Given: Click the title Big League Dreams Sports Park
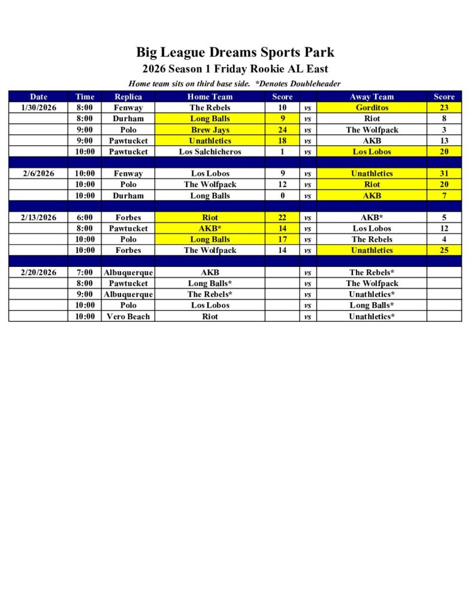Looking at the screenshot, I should [x=235, y=52].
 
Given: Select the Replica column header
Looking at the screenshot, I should [x=128, y=97].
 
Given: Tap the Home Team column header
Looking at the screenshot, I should [x=210, y=97].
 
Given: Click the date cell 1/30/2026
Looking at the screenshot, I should [x=38, y=108].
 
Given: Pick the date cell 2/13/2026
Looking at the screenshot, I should [x=38, y=218].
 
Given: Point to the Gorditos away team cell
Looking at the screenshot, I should [x=372, y=108].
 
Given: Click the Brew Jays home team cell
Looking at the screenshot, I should [x=210, y=130].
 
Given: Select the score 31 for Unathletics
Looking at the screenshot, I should [x=444, y=174].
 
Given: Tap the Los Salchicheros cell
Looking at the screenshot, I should [x=210, y=152].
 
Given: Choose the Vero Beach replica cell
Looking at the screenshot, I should [x=128, y=317].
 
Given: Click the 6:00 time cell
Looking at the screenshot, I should [x=84, y=218].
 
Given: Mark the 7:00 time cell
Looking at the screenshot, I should [x=84, y=273].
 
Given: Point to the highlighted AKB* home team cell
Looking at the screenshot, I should [x=210, y=228].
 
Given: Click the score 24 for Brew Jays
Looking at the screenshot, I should [x=282, y=130].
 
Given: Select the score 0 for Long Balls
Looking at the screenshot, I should [x=282, y=195].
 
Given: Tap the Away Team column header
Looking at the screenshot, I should [x=372, y=97].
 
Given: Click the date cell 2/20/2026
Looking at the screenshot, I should [x=38, y=273].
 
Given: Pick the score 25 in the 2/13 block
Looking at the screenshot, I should [x=444, y=251].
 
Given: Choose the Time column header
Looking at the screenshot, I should [x=84, y=97].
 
